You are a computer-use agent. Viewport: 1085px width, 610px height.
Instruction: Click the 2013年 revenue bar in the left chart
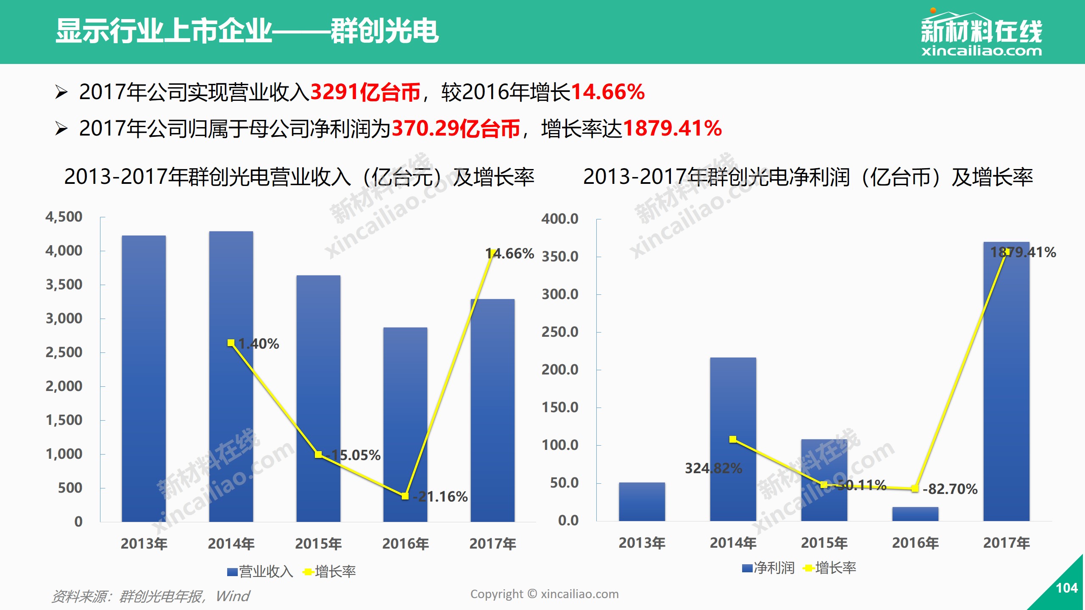coord(144,378)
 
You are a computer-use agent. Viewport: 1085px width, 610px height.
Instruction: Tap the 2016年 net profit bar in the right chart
coord(915,514)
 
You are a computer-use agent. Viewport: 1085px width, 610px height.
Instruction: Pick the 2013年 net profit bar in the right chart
coord(642,502)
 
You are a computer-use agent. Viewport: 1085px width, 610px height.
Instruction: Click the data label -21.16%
coord(440,496)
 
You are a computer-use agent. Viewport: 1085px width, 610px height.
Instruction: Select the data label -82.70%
coord(950,489)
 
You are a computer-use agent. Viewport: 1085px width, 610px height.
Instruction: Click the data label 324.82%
coord(713,469)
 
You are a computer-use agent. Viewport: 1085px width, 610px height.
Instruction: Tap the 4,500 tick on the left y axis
coord(64,217)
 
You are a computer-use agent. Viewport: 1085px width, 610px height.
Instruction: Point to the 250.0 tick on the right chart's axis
coord(560,332)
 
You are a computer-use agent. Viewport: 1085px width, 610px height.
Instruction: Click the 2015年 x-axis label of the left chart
coord(318,543)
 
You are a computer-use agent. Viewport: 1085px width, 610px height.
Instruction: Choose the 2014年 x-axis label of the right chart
coord(733,543)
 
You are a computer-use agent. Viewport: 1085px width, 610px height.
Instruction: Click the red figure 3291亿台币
coord(365,92)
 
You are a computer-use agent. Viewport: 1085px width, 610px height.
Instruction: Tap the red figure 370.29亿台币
coord(456,129)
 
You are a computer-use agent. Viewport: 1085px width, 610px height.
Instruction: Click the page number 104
coord(1066,588)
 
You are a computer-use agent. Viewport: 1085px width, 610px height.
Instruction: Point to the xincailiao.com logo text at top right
coord(981,51)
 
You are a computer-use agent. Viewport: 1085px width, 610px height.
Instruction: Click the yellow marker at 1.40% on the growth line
coord(231,343)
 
